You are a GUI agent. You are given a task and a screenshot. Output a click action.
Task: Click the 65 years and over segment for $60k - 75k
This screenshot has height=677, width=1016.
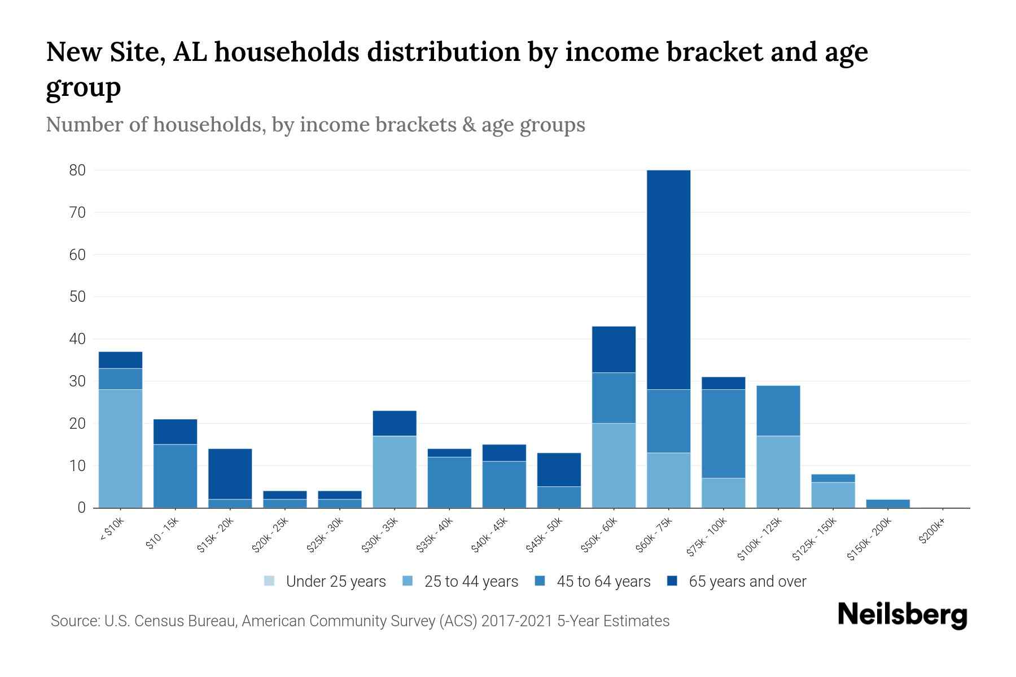pos(668,279)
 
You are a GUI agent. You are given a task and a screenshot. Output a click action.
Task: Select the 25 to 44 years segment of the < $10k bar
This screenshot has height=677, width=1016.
pos(120,449)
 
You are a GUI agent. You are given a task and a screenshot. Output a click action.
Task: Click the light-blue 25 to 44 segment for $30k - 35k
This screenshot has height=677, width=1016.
pos(395,472)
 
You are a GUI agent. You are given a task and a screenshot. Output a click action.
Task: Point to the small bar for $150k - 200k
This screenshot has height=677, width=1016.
pos(888,503)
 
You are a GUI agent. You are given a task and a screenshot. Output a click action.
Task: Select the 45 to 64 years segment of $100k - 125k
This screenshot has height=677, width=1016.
pos(778,411)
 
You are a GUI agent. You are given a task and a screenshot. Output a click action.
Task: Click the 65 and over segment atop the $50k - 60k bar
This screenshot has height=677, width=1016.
pos(614,349)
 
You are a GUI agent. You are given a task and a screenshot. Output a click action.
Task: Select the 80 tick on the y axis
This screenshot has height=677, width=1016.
pos(77,170)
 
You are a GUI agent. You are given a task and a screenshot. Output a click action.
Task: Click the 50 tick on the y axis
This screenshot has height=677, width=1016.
pos(77,297)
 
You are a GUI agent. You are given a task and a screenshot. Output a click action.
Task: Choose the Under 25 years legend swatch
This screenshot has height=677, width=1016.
pos(270,581)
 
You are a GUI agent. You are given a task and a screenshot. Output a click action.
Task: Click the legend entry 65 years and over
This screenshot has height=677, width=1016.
pos(747,582)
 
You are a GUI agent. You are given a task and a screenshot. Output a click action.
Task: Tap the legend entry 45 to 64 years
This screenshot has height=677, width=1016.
pos(603,582)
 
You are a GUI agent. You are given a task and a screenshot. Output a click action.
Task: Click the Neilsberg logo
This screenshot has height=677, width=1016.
pos(902,616)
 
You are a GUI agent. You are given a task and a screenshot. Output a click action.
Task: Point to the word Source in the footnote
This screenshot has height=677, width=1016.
pos(74,621)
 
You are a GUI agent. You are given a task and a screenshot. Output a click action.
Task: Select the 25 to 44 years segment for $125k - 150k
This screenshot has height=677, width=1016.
pos(833,495)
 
